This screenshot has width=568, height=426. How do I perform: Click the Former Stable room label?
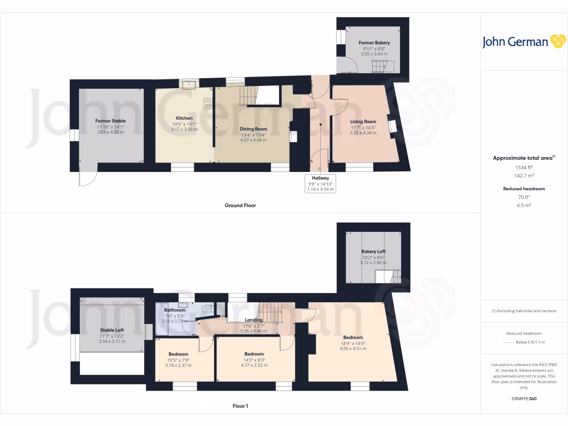(110, 120)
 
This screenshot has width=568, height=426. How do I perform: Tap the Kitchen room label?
(184, 118)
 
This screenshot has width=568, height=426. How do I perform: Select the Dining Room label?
(253, 129)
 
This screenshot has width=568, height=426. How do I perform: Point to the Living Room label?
(363, 121)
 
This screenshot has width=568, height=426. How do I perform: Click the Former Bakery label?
(374, 43)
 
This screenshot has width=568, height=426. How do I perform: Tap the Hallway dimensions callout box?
(320, 182)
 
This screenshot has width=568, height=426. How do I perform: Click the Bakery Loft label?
(373, 251)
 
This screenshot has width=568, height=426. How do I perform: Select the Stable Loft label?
(111, 330)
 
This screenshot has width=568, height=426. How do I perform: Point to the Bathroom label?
(175, 310)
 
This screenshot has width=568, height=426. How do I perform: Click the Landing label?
(253, 320)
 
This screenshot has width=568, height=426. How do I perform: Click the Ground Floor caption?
(240, 205)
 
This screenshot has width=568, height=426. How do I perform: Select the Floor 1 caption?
(240, 406)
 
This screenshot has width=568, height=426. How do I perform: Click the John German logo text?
(515, 42)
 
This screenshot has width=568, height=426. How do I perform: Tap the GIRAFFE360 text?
(524, 398)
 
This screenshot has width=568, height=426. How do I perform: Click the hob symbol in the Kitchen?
(209, 103)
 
